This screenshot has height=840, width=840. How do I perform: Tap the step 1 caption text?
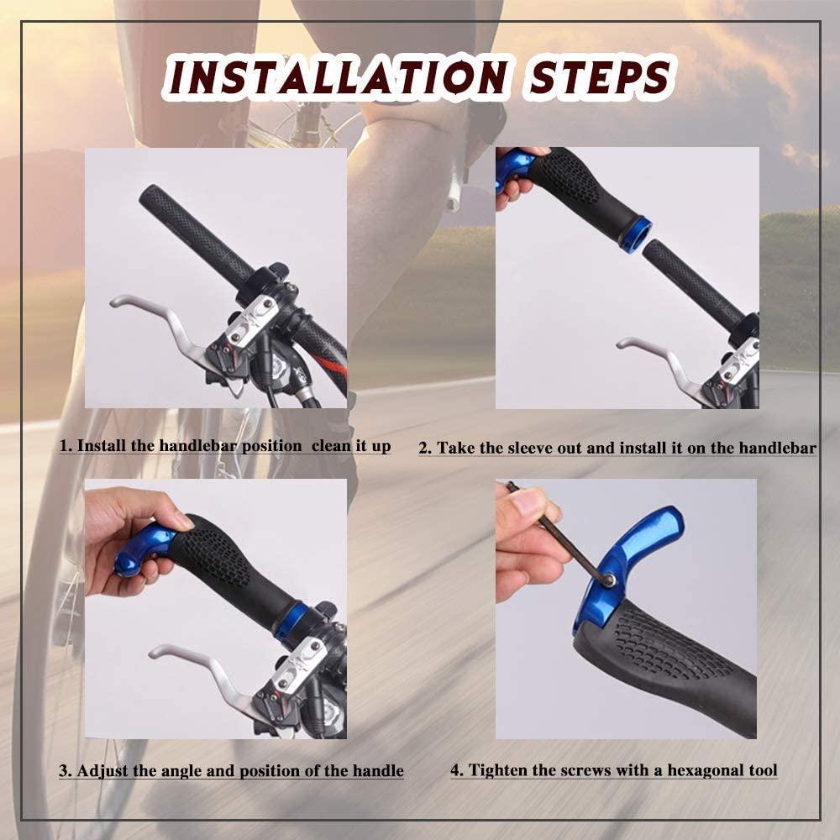pyautogui.click(x=225, y=446)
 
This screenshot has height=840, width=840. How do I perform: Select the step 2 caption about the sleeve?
pyautogui.click(x=617, y=449)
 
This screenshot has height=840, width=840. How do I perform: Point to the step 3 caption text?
pyautogui.click(x=231, y=770)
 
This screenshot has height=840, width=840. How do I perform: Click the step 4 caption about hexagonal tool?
pyautogui.click(x=614, y=770)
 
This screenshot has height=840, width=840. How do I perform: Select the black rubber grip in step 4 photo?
pyautogui.click(x=672, y=664)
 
